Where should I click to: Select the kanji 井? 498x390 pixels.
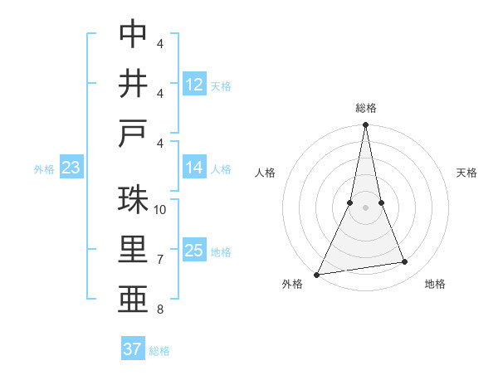click(x=133, y=84)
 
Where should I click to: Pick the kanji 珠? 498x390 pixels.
click(x=133, y=200)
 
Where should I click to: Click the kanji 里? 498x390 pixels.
click(x=133, y=251)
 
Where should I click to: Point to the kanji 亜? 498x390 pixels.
click(x=133, y=301)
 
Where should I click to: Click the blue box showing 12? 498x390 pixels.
click(x=194, y=85)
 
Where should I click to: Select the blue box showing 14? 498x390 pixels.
click(x=194, y=168)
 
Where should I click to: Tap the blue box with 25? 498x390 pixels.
click(x=194, y=251)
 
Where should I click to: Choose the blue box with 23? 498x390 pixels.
click(x=71, y=168)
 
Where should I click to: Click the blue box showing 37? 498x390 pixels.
click(x=133, y=349)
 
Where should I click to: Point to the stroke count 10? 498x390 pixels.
click(x=160, y=210)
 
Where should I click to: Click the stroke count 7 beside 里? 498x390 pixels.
click(x=160, y=260)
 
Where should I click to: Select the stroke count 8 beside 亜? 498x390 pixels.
click(x=160, y=310)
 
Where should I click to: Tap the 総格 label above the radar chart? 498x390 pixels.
click(x=365, y=108)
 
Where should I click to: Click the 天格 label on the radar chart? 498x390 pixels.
click(x=466, y=173)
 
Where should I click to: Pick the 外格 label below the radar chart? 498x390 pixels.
click(x=292, y=284)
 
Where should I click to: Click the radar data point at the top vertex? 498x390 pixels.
click(x=365, y=125)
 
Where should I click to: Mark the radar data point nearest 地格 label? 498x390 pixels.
click(x=405, y=262)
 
